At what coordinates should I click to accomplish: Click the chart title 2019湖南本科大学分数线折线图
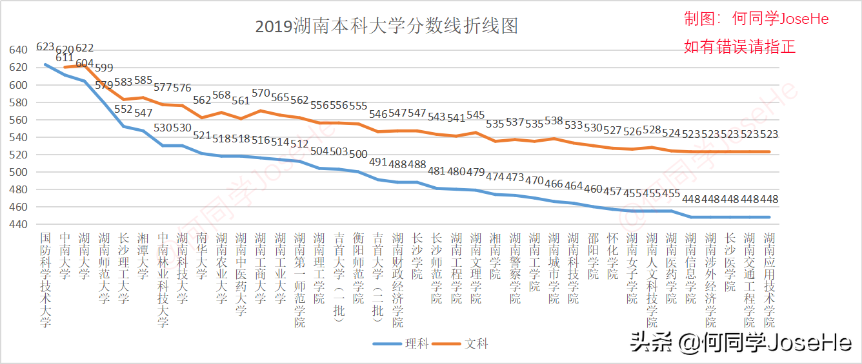pos(386,26)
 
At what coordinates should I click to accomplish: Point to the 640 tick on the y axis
pos(18,50)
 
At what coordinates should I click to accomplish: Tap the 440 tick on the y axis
pos(18,224)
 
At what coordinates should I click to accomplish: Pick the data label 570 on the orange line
pos(261,93)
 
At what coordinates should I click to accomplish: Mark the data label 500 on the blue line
pos(359,154)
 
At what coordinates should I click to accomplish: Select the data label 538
pos(554,120)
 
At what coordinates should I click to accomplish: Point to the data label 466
pos(554,184)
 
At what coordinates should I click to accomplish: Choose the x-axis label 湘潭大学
pos(143,256)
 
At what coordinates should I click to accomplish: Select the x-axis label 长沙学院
pos(417,256)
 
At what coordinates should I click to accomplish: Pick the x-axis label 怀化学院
pos(612,256)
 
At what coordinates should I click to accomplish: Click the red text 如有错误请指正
pos(740,47)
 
